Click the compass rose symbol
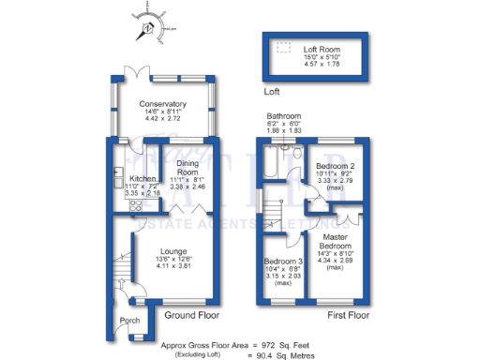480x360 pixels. [149, 27]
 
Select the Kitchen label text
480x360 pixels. [142, 178]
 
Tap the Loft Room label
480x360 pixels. [322, 48]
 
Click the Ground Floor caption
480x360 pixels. [191, 316]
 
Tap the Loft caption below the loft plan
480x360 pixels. [272, 92]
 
